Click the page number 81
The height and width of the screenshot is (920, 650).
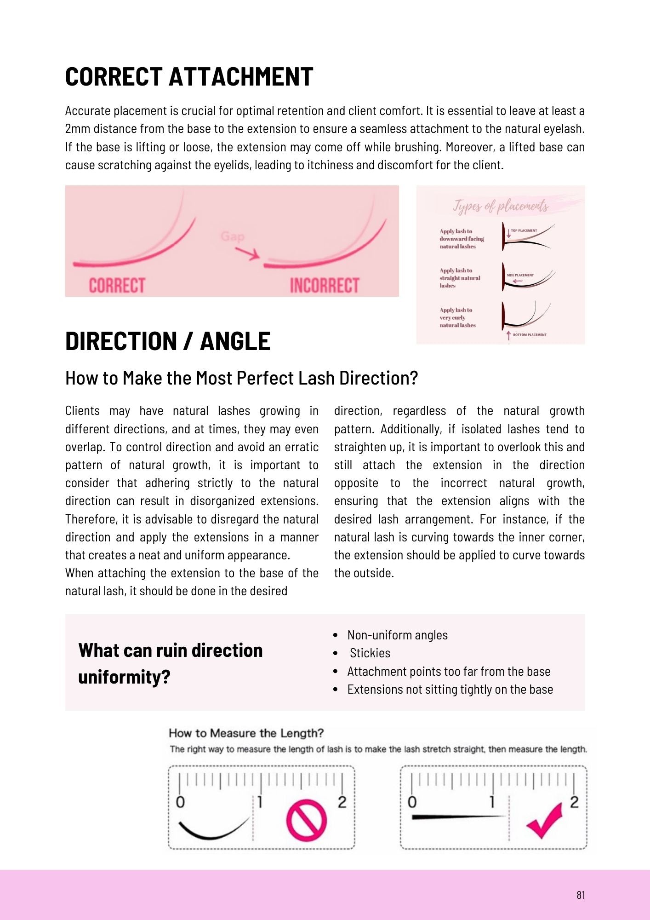click(x=581, y=895)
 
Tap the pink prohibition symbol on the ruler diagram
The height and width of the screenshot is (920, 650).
click(x=307, y=819)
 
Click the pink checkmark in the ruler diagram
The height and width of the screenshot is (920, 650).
click(x=546, y=821)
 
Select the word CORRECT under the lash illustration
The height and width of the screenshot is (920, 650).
click(x=117, y=286)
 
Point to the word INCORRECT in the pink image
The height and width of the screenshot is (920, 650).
click(x=324, y=286)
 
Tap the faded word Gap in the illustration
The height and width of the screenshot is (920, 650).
click(x=232, y=236)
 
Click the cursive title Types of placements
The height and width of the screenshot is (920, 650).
click(x=501, y=206)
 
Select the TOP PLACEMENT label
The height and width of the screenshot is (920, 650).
click(x=524, y=230)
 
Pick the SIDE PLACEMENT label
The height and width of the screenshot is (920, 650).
click(x=520, y=275)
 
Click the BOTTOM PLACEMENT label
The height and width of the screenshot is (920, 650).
click(x=530, y=335)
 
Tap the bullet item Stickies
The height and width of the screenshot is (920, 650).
click(x=370, y=653)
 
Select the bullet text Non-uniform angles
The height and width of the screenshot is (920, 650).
click(x=397, y=635)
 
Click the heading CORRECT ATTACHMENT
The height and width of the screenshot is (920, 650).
click(x=189, y=77)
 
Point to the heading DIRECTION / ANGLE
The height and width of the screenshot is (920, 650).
click(x=168, y=341)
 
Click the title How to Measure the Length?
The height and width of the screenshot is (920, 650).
click(x=246, y=733)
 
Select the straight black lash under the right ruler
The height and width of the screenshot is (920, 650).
click(x=457, y=817)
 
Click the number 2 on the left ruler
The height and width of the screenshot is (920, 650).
click(x=342, y=802)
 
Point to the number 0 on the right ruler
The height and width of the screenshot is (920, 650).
click(x=412, y=802)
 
